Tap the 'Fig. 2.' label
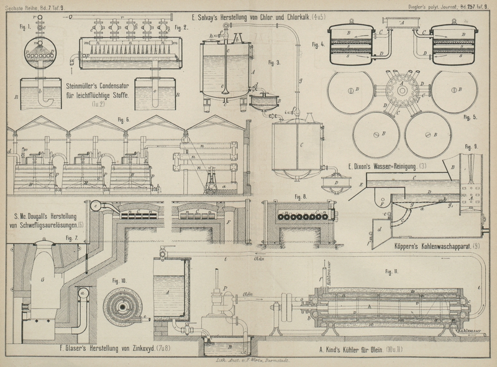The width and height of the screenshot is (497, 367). pyautogui.click(x=181, y=27)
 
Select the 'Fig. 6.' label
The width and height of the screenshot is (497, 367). pyautogui.click(x=123, y=119)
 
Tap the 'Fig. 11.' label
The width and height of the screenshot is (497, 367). pyautogui.click(x=392, y=272)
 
